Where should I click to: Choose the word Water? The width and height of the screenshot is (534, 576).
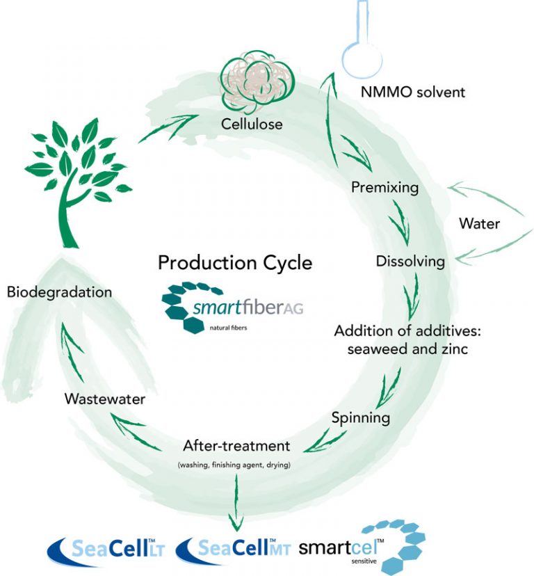tap(480, 225)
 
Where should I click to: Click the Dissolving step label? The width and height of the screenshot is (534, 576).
tap(410, 262)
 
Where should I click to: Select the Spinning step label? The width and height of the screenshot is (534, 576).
tap(360, 419)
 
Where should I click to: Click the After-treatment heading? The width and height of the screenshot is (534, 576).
tap(237, 445)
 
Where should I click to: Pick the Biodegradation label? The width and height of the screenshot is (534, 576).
tap(59, 292)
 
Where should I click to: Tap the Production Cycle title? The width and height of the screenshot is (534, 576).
tap(235, 263)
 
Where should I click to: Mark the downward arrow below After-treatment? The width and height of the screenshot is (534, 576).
tap(237, 498)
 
